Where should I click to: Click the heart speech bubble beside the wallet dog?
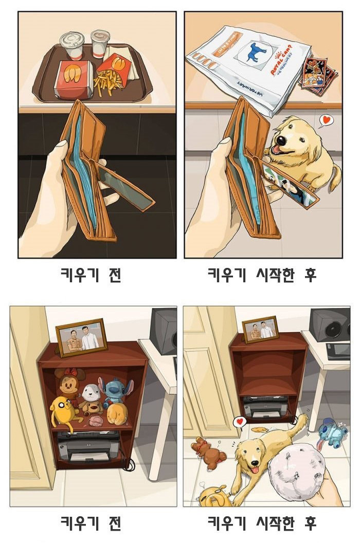coord(326,121)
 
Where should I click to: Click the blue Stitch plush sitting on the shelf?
coord(115,391)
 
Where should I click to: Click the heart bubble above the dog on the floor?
coord(239,422)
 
